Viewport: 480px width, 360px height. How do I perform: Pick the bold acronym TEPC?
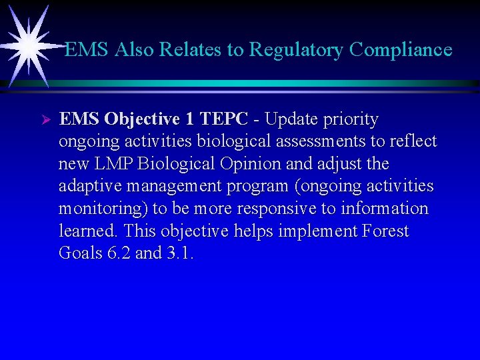[224, 119]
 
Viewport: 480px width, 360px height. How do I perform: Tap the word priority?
[351, 120]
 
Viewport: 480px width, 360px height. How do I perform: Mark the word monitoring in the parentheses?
[103, 209]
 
